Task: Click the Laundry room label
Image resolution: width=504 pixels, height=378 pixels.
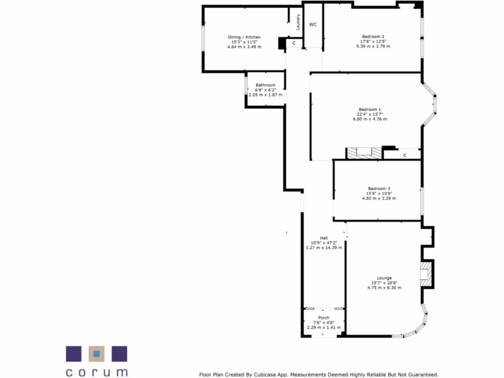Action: pyautogui.click(x=298, y=22)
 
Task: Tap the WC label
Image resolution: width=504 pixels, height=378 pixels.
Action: pyautogui.click(x=313, y=24)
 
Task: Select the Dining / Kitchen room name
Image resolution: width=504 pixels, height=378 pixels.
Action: pyautogui.click(x=244, y=37)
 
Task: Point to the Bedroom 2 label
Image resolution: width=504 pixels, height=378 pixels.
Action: pyautogui.click(x=373, y=36)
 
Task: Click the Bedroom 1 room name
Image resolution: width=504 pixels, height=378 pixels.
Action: pyautogui.click(x=370, y=109)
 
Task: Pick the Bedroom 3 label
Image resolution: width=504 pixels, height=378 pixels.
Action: pyautogui.click(x=379, y=189)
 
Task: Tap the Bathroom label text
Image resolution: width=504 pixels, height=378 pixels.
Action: pyautogui.click(x=265, y=85)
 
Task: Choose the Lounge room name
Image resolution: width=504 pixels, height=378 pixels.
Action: pyautogui.click(x=384, y=278)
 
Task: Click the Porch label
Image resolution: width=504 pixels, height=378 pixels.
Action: pyautogui.click(x=324, y=317)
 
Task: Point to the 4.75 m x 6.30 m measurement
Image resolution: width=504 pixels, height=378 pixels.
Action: pyautogui.click(x=384, y=287)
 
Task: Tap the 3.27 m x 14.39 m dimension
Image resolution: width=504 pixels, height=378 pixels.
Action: pyautogui.click(x=324, y=248)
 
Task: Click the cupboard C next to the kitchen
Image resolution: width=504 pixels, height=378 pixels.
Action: pyautogui.click(x=294, y=43)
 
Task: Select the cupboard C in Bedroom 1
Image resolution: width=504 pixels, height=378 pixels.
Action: pyautogui.click(x=405, y=155)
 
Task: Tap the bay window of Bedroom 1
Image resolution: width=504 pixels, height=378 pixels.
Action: pyautogui.click(x=433, y=104)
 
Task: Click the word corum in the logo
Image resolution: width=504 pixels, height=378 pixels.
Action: pyautogui.click(x=96, y=372)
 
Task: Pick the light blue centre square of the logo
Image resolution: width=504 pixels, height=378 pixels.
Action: pyautogui.click(x=96, y=353)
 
